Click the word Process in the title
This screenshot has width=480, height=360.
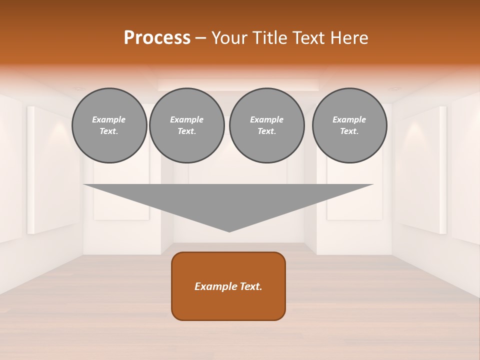(x=157, y=38)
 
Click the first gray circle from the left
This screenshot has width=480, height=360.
(x=109, y=125)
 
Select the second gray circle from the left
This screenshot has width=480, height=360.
(x=186, y=125)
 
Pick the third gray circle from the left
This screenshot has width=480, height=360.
(x=266, y=125)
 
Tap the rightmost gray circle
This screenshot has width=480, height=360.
(x=349, y=125)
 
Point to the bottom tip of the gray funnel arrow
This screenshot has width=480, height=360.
(x=229, y=231)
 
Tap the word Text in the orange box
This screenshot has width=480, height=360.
(x=251, y=286)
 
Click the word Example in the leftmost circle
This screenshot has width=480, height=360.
(x=109, y=119)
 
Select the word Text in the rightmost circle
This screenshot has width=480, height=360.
(x=349, y=131)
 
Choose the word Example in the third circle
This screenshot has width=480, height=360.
(x=266, y=119)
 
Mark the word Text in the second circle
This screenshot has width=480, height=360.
(x=186, y=131)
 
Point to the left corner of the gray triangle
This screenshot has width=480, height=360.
(x=84, y=185)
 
